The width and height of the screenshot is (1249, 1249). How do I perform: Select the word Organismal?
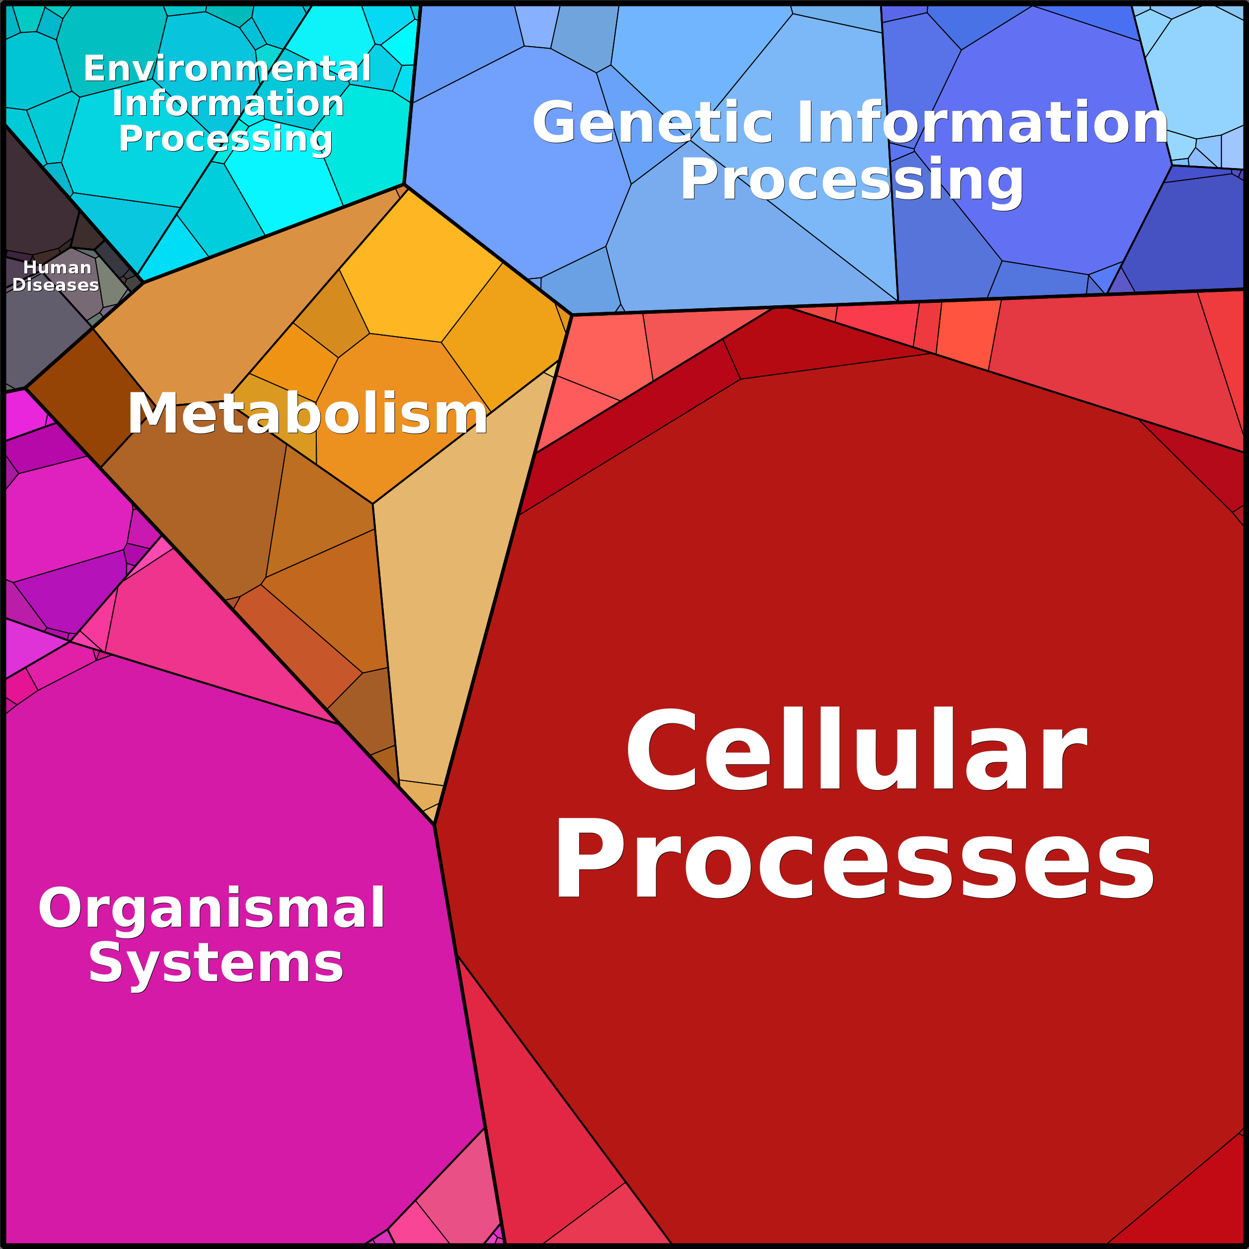point(212,908)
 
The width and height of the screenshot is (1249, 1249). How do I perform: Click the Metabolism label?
point(307,414)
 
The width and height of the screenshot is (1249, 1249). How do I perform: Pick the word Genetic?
point(653,123)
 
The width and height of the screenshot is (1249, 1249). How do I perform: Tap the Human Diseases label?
point(56,276)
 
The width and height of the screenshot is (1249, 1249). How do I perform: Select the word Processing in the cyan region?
point(226,138)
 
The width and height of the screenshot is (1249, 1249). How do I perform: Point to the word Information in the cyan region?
point(228,103)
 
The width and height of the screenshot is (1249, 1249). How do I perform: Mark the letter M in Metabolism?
point(153,414)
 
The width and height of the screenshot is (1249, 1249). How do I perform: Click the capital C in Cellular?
point(663,749)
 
